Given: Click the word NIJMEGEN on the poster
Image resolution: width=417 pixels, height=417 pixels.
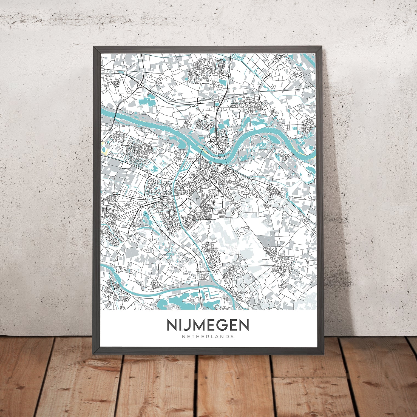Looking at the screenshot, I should pos(208,325).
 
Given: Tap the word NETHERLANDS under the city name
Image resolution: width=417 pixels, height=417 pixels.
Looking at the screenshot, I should pos(208,336).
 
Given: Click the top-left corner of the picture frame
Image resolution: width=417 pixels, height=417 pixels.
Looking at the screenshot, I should pos(94,47).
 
